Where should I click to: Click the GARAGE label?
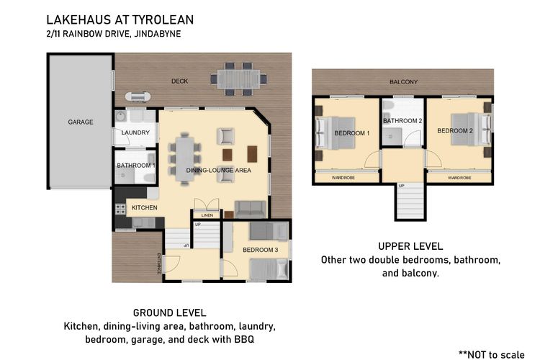coord(81,122)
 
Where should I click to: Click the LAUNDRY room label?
coord(135,132)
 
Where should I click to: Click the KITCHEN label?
coord(144,207)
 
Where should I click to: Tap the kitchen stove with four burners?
coord(120,209)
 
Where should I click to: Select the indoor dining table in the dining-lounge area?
coord(184,158)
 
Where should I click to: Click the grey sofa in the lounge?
coord(250,209)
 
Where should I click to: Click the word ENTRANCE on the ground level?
coord(159,262)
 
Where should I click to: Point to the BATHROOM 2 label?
coord(402,121)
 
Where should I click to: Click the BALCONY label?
coord(403,82)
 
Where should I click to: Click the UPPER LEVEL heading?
coord(410,246)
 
